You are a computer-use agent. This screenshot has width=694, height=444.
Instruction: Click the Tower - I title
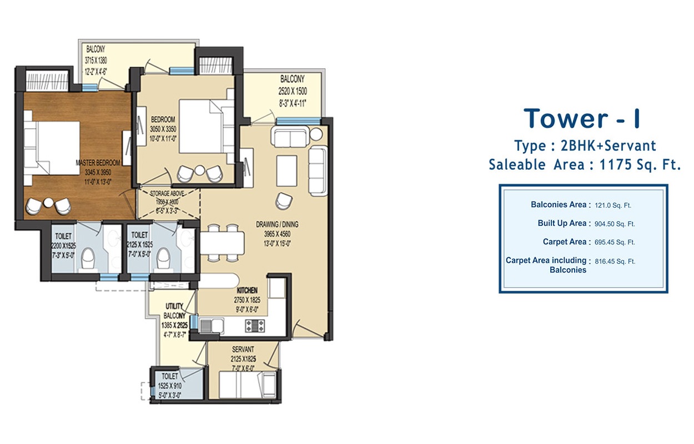coord(585,119)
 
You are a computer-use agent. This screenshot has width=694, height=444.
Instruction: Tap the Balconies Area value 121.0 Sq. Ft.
coord(613,205)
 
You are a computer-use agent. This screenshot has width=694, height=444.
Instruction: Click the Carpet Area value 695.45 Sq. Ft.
coord(614,242)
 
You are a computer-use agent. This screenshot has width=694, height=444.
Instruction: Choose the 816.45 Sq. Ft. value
coord(614,261)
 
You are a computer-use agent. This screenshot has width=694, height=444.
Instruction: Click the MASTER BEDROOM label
coord(98,163)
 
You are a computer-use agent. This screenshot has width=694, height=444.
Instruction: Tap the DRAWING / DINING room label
coord(276,224)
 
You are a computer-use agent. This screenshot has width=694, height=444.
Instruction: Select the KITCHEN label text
coord(247,290)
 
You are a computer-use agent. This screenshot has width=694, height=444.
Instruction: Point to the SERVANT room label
coord(244,349)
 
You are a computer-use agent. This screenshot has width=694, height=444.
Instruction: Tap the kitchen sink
coord(213,325)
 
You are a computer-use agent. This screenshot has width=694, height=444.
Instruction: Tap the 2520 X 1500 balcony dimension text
coord(293,92)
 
